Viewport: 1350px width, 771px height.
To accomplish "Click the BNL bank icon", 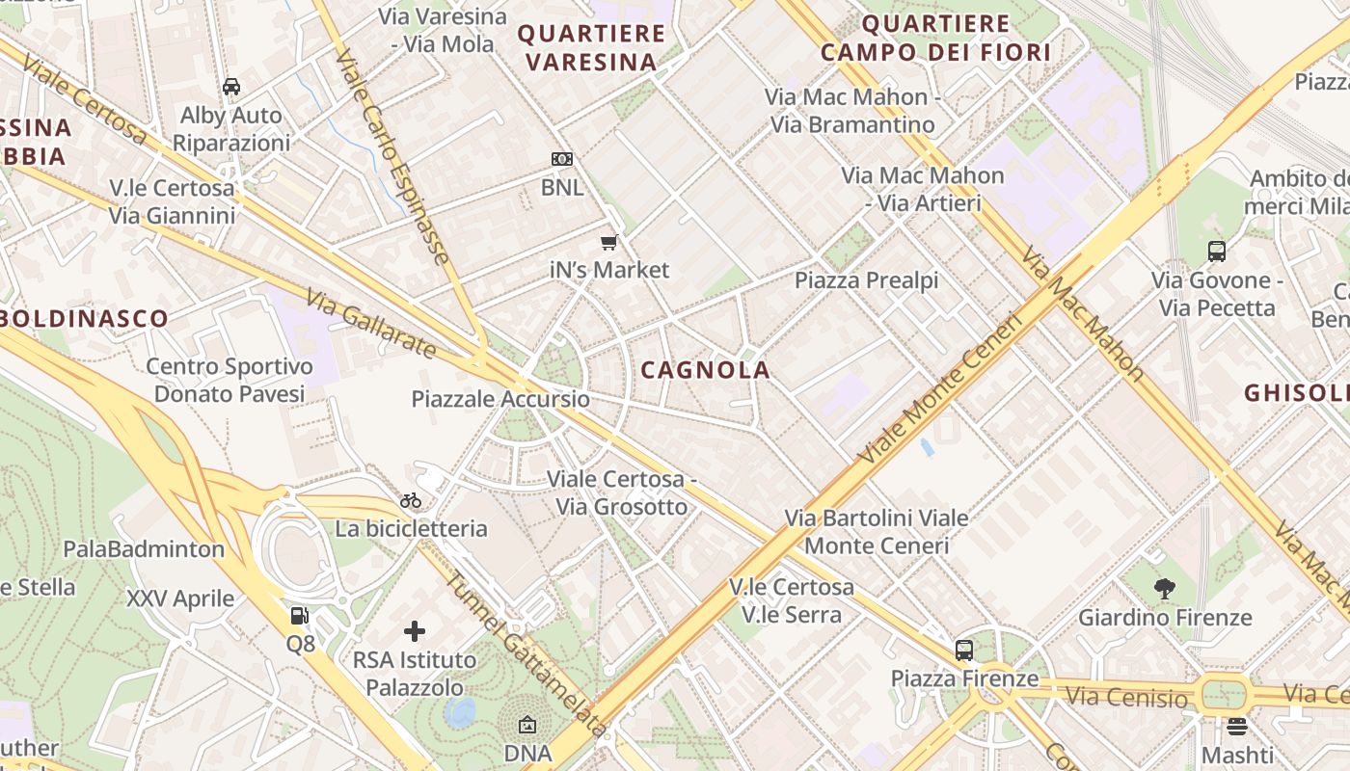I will pyautogui.click(x=561, y=159).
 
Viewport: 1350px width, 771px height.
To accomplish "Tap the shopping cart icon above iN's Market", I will pyautogui.click(x=608, y=242).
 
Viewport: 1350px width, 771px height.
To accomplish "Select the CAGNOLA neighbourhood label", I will pyautogui.click(x=706, y=370).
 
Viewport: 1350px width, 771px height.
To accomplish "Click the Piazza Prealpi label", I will pyautogui.click(x=866, y=280).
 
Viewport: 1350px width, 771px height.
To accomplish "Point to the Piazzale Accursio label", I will pyautogui.click(x=499, y=399).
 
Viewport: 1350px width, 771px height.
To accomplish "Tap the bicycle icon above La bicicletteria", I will pyautogui.click(x=411, y=500).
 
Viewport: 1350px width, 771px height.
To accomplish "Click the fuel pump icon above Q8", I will pyautogui.click(x=300, y=615).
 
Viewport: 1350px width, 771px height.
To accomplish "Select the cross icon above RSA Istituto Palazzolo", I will pyautogui.click(x=415, y=631).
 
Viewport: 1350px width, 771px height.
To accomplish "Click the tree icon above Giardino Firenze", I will pyautogui.click(x=1165, y=588).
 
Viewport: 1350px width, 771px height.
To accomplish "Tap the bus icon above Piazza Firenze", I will pyautogui.click(x=963, y=650).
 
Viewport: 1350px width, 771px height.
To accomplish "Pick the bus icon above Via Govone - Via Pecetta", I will pyautogui.click(x=1217, y=252).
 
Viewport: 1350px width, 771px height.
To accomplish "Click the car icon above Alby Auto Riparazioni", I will pyautogui.click(x=231, y=87).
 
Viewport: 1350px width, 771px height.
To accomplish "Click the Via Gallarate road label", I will pyautogui.click(x=372, y=324).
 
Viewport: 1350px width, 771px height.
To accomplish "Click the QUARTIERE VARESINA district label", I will pyautogui.click(x=592, y=48).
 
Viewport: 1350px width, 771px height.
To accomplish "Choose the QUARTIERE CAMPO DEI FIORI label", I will pyautogui.click(x=935, y=39).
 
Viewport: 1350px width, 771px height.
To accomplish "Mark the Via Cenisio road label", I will pyautogui.click(x=1127, y=697).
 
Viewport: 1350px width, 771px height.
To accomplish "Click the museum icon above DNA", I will pyautogui.click(x=527, y=725).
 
